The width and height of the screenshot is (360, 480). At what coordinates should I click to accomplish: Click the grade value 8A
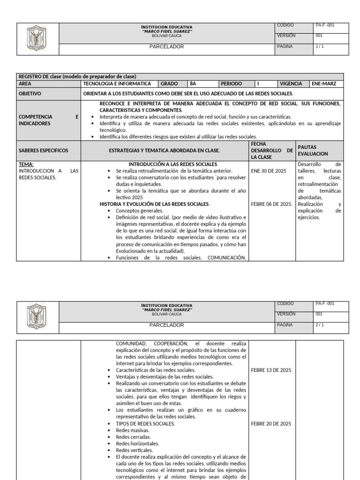click(193, 84)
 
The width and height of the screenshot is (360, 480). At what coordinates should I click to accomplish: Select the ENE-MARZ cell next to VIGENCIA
click(323, 84)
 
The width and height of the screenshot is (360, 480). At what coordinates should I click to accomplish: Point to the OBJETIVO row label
click(30, 94)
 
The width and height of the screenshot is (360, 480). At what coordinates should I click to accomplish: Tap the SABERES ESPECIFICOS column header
click(43, 150)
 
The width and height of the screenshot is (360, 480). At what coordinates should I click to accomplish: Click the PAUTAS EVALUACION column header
click(313, 150)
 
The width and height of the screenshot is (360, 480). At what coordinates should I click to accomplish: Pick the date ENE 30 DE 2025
click(269, 171)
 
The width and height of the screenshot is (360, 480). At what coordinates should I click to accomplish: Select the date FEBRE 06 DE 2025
click(272, 204)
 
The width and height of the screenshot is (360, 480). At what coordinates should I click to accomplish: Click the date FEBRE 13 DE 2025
click(271, 370)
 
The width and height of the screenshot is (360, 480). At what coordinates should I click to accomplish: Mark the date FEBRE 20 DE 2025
click(271, 424)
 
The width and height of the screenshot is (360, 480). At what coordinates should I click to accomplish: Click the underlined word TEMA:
click(26, 165)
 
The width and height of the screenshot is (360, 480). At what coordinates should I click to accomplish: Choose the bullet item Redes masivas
click(133, 430)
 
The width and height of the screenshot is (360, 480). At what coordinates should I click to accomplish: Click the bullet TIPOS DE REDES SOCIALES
click(145, 424)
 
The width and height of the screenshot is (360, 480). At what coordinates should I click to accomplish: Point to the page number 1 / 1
click(320, 47)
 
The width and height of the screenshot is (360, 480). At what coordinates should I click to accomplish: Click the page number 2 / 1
click(320, 324)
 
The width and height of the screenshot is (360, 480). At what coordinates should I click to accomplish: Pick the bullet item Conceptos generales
click(139, 211)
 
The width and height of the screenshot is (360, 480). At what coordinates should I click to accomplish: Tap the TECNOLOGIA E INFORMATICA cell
click(117, 84)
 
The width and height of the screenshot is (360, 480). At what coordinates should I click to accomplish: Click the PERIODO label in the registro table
click(232, 84)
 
